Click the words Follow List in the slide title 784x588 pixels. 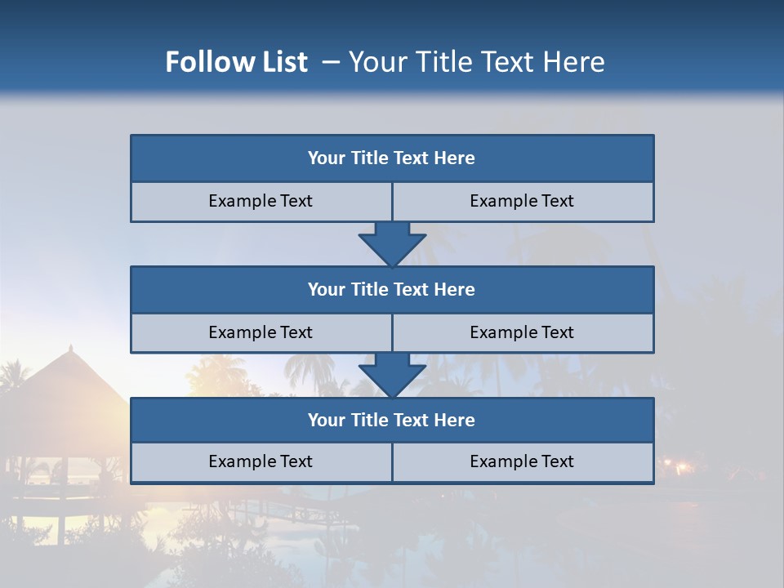237,62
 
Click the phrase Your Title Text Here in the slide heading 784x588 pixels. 477,62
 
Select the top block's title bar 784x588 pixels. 392,158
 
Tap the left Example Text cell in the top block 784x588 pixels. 261,201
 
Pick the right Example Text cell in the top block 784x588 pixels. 522,201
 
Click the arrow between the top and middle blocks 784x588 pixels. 392,243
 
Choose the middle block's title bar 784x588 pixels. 392,289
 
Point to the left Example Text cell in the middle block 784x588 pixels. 261,332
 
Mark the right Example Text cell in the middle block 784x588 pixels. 522,332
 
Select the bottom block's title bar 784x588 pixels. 392,420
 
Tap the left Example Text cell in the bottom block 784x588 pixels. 261,461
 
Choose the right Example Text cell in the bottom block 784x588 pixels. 522,461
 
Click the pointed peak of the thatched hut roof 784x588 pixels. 71,348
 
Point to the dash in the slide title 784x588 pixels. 331,62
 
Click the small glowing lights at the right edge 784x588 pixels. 675,466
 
